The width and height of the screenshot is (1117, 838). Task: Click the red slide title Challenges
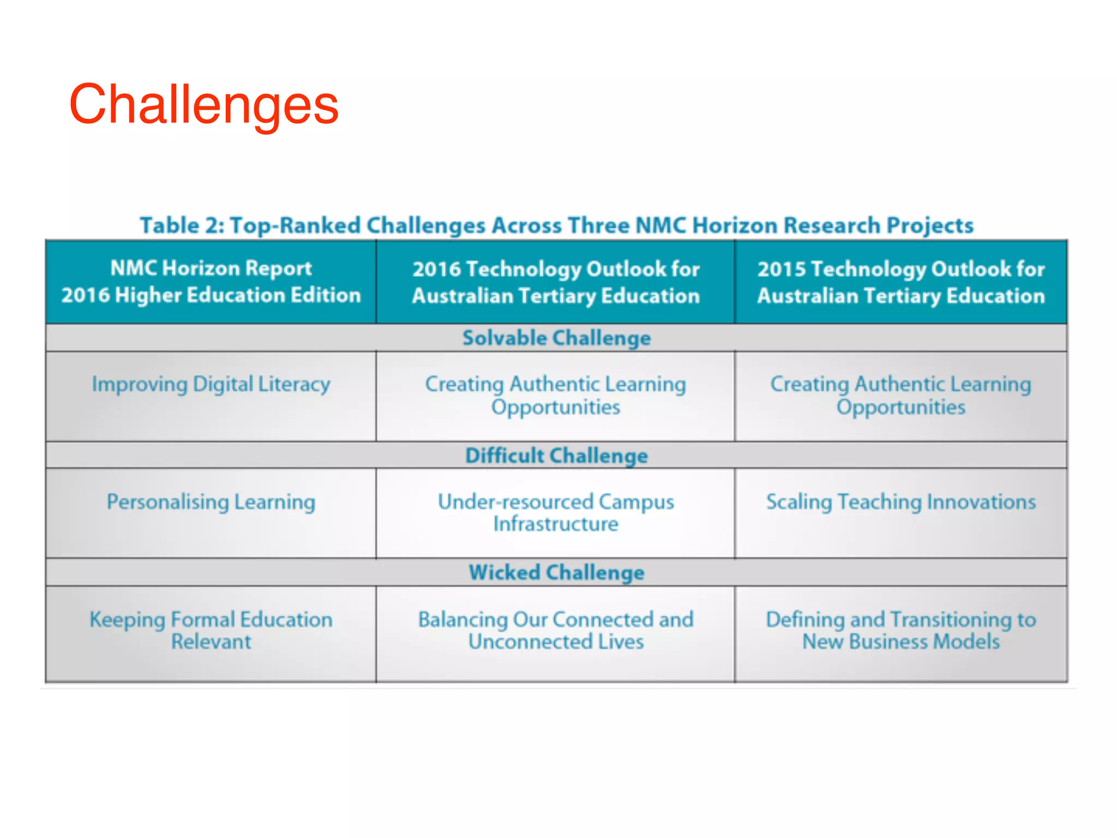pyautogui.click(x=203, y=105)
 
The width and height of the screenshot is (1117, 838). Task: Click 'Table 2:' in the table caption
pyautogui.click(x=181, y=225)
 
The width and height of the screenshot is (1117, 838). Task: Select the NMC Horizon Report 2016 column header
pyautogui.click(x=211, y=282)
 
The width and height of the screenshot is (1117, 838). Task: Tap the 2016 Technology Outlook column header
pyautogui.click(x=555, y=282)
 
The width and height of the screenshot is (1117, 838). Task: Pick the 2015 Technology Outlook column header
pyautogui.click(x=900, y=282)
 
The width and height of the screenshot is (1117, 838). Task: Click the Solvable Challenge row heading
pyautogui.click(x=556, y=338)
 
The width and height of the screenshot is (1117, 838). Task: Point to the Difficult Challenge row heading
pyautogui.click(x=556, y=456)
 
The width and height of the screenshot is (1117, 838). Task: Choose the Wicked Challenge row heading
pyautogui.click(x=556, y=572)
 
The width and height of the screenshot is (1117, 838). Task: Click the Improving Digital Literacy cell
pyautogui.click(x=211, y=384)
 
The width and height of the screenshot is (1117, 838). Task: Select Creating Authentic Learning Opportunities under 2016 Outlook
pyautogui.click(x=555, y=395)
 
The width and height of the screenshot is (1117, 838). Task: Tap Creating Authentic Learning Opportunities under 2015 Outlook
pyautogui.click(x=900, y=395)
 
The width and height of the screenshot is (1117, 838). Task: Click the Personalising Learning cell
pyautogui.click(x=211, y=502)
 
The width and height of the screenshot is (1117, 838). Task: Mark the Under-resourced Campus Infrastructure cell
pyautogui.click(x=555, y=512)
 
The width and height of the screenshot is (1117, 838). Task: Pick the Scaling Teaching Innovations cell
pyautogui.click(x=900, y=502)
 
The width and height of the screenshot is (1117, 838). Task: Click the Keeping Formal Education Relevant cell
pyautogui.click(x=211, y=630)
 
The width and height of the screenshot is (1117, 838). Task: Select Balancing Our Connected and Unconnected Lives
pyautogui.click(x=555, y=630)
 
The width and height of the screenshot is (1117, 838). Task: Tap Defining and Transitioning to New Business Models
pyautogui.click(x=900, y=630)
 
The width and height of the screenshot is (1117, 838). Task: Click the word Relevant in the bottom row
pyautogui.click(x=211, y=642)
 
